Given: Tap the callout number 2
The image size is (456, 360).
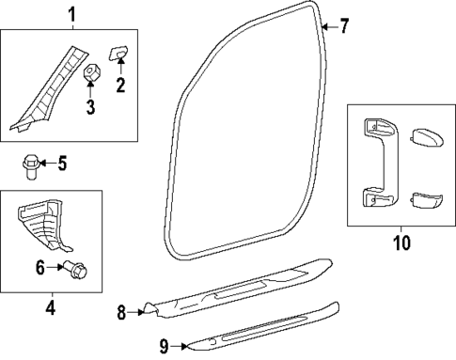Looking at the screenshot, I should point(120,86).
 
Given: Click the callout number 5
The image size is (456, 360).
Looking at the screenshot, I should point(63,165).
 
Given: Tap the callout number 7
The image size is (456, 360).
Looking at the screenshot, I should point(344,26).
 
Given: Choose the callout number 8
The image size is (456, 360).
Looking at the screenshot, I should point(121,311).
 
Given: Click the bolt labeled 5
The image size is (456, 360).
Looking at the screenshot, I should point(29,168).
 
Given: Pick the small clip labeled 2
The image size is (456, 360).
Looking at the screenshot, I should point(120,54).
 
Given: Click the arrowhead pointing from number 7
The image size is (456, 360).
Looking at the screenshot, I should point(323,27).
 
